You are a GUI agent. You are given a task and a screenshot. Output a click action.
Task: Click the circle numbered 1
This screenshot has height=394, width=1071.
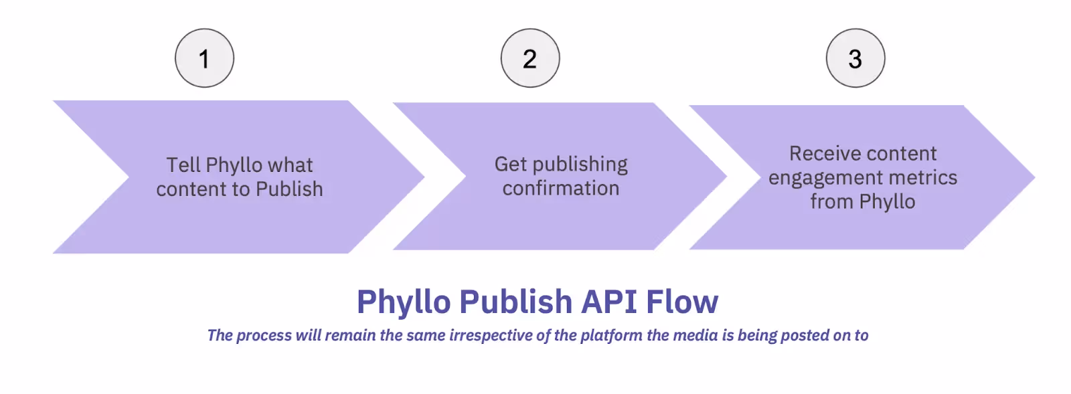(x=204, y=58)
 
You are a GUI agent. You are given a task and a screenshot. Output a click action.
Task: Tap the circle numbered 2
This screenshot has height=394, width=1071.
(x=530, y=58)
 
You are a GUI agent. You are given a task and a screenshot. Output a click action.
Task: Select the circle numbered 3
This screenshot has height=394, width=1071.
(x=855, y=58)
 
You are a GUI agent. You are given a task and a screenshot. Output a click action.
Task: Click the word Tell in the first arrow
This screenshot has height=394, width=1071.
(x=183, y=165)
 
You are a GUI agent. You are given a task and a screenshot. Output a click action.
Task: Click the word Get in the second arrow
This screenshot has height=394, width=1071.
(x=511, y=164)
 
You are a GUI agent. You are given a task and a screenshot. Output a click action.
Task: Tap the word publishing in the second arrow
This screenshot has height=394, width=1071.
(x=580, y=165)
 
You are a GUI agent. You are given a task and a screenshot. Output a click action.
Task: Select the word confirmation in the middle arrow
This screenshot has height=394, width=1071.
(x=561, y=189)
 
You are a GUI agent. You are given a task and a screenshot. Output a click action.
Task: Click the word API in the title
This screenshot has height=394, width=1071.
(x=609, y=302)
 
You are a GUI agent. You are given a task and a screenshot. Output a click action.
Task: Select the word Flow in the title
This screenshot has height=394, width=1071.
(x=682, y=302)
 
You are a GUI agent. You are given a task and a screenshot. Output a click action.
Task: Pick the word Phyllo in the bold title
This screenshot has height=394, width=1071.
(x=404, y=302)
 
